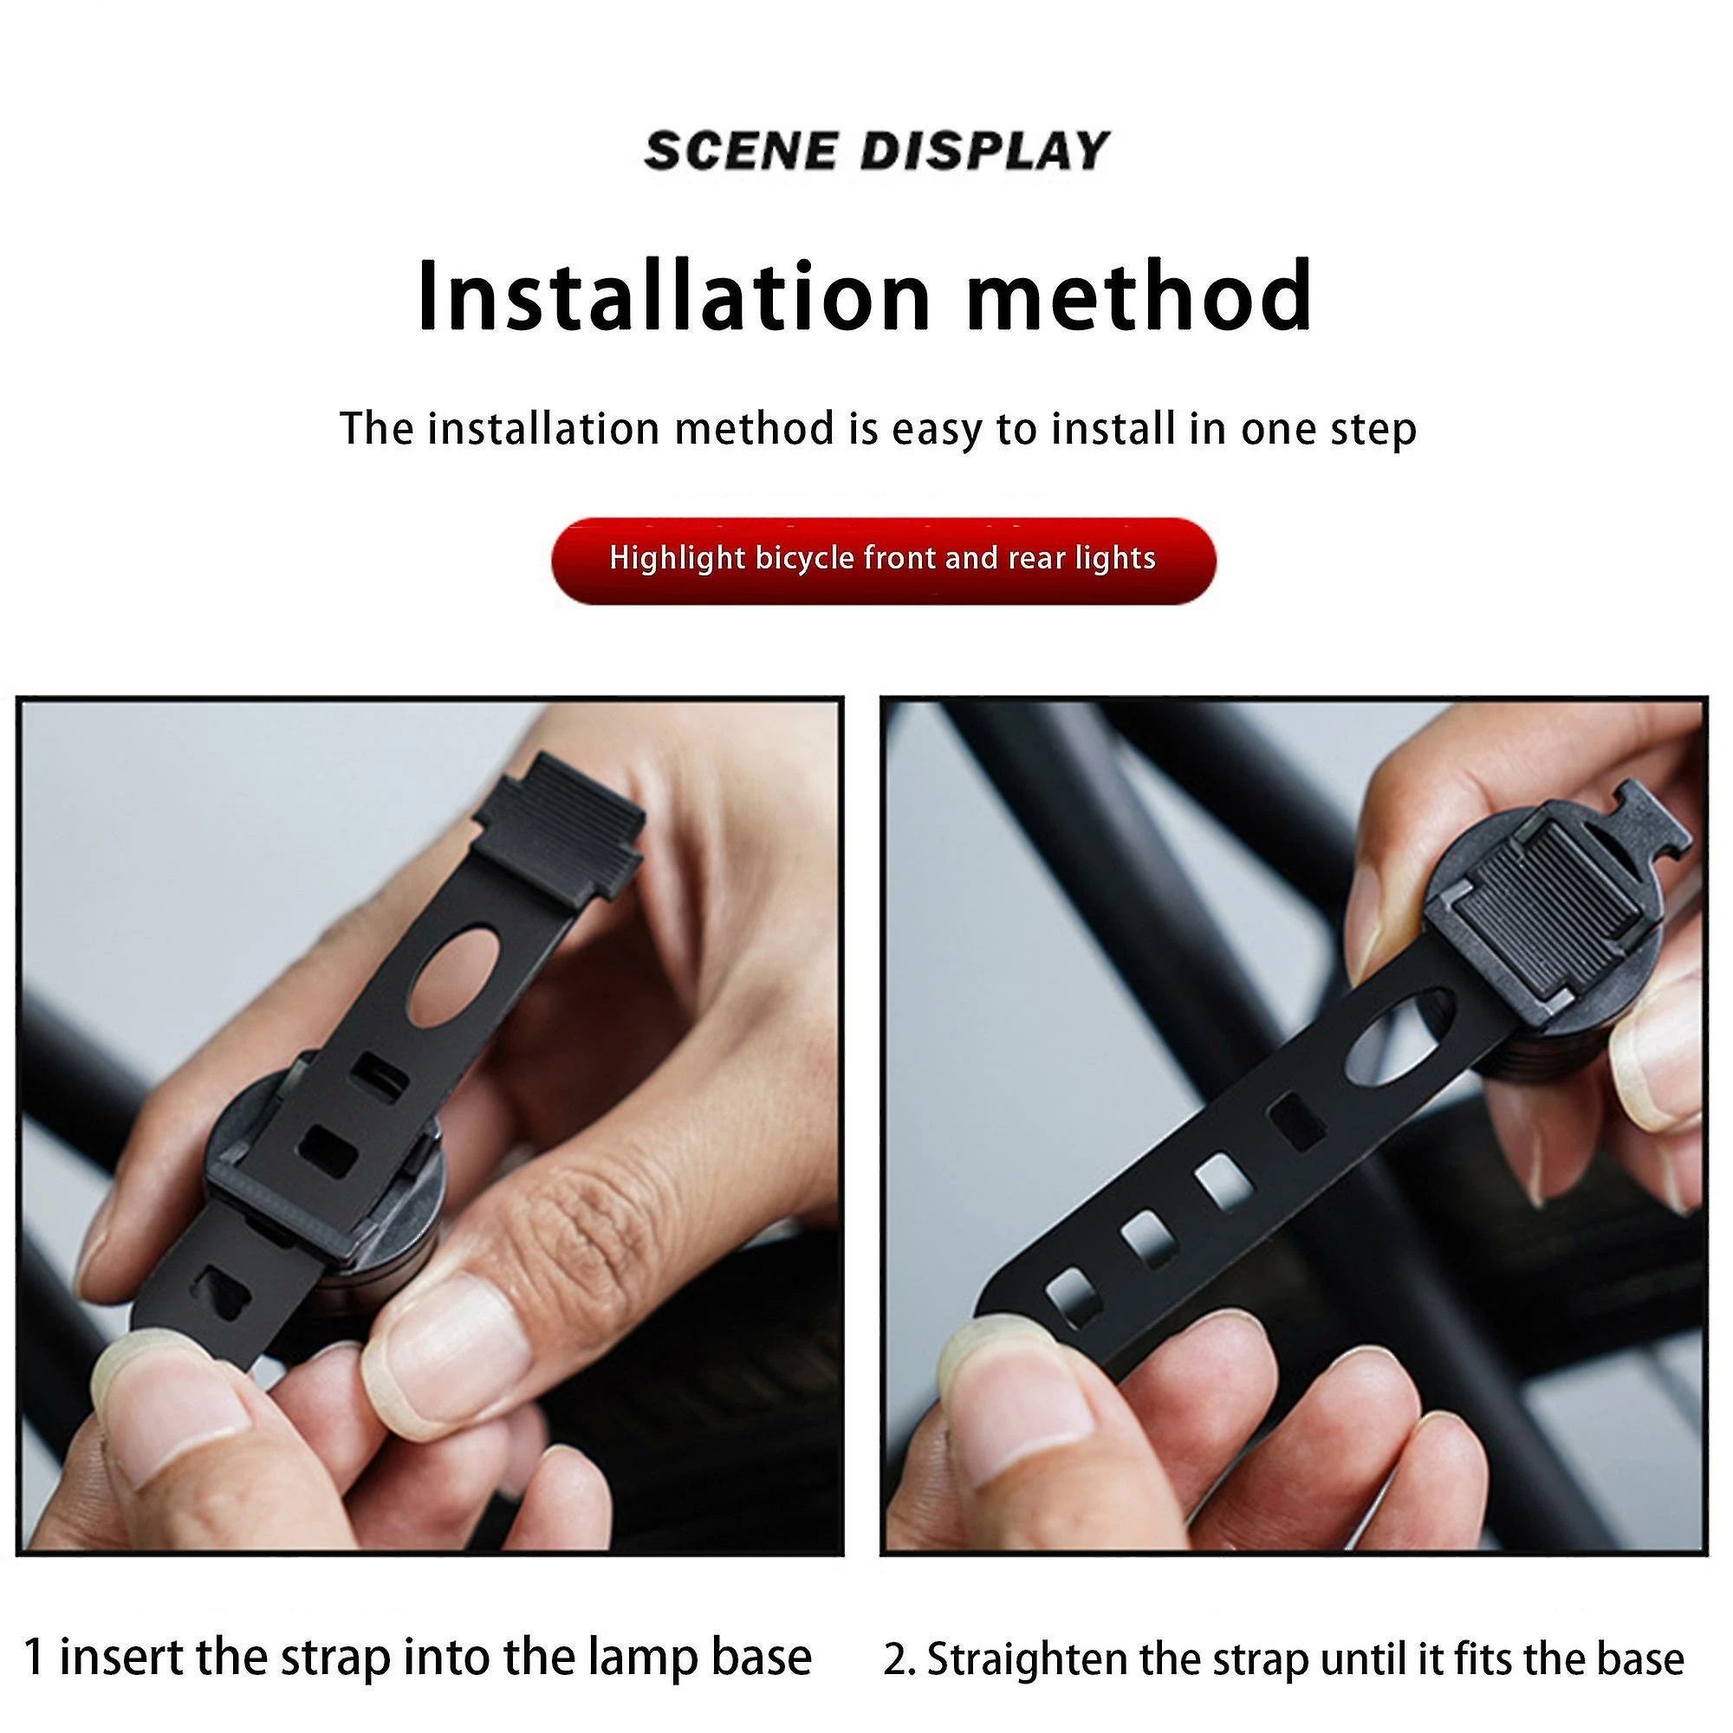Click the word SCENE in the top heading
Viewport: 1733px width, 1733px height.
point(740,151)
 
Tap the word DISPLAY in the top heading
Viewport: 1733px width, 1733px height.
point(985,151)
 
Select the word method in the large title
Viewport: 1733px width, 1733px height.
point(1139,297)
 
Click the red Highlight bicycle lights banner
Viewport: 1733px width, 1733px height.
point(884,561)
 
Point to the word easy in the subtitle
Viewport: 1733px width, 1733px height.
point(937,430)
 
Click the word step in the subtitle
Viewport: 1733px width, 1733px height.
point(1373,430)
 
